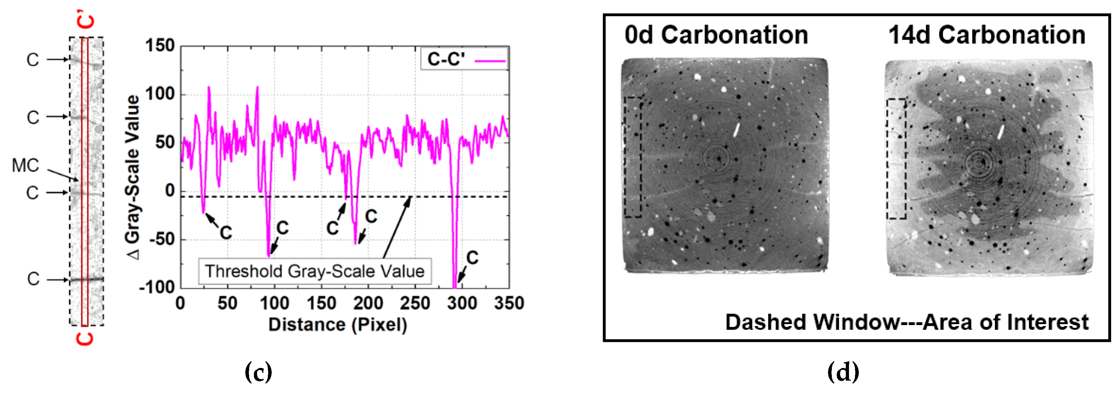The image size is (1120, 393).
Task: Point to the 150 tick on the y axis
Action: [x=160, y=46]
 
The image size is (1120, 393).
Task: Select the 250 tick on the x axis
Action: [x=415, y=303]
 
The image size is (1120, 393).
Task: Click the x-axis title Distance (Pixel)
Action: [x=337, y=325]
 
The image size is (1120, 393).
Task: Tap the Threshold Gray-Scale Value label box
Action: [x=315, y=271]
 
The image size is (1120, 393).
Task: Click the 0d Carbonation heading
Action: [x=716, y=35]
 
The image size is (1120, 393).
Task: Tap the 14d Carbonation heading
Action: [x=986, y=35]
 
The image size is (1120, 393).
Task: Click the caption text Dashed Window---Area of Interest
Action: [x=906, y=323]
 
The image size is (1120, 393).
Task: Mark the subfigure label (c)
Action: [x=258, y=372]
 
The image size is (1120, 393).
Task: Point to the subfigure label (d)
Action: [x=843, y=372]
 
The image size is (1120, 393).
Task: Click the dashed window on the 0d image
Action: [x=633, y=157]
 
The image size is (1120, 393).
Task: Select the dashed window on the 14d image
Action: [x=896, y=159]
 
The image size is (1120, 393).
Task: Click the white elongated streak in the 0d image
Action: [x=737, y=130]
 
